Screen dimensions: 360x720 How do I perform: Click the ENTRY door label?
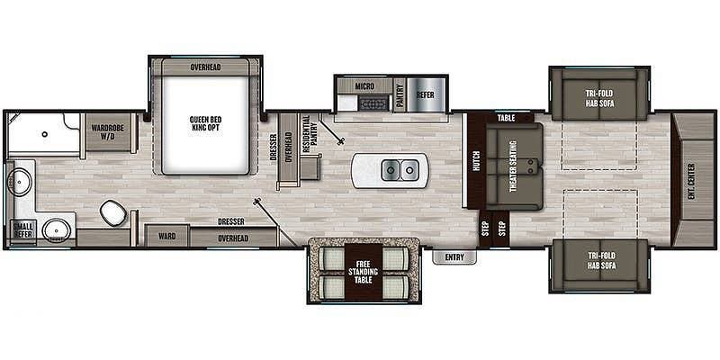click(453, 257)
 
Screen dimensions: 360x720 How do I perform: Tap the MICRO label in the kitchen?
click(364, 85)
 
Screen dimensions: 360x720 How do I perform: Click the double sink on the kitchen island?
click(400, 168)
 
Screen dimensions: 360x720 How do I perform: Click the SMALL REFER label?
click(22, 230)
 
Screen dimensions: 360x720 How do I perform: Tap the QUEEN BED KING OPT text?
click(205, 125)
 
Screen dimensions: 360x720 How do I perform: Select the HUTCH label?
click(476, 160)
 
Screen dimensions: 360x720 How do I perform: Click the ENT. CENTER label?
click(692, 179)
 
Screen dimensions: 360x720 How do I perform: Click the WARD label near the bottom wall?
click(166, 237)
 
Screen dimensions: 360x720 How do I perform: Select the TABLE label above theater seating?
click(505, 118)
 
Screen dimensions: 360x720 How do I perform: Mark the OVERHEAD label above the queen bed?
click(206, 67)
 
